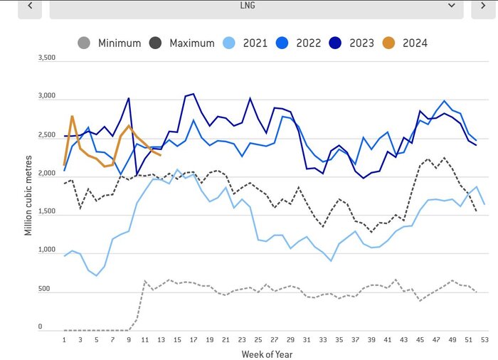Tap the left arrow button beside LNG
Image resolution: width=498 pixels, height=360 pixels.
pyautogui.click(x=29, y=6)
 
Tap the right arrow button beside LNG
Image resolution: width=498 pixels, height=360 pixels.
pyautogui.click(x=483, y=6)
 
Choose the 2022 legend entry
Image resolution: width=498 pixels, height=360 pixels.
pyautogui.click(x=305, y=43)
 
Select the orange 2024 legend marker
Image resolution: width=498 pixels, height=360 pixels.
pyautogui.click(x=391, y=43)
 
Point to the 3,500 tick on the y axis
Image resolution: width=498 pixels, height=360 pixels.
pyautogui.click(x=46, y=57)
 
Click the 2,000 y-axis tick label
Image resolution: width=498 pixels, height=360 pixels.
pyautogui.click(x=46, y=174)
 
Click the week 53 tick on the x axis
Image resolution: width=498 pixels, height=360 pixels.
pyautogui.click(x=484, y=339)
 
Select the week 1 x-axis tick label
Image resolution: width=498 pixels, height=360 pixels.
pyautogui.click(x=65, y=339)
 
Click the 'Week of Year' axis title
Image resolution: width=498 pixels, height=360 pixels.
pyautogui.click(x=267, y=354)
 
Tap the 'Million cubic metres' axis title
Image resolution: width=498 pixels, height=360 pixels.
pyautogui.click(x=28, y=193)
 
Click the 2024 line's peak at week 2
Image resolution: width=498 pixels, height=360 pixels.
pyautogui.click(x=73, y=116)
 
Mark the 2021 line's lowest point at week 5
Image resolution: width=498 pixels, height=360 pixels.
pyautogui.click(x=97, y=275)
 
